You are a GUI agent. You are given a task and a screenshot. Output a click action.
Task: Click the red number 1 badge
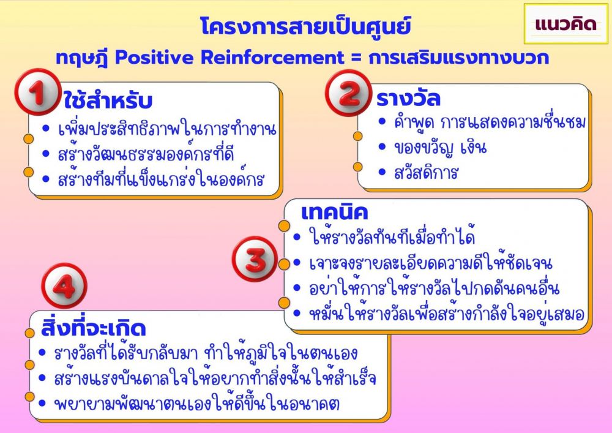click(38, 92)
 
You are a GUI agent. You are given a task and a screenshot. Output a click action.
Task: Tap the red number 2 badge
click(348, 92)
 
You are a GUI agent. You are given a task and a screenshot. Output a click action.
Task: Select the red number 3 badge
click(255, 259)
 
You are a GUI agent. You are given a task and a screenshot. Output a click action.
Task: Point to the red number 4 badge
click(64, 286)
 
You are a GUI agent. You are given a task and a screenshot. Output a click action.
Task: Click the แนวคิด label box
click(565, 24)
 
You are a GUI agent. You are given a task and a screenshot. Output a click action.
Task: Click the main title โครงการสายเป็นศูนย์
click(305, 27)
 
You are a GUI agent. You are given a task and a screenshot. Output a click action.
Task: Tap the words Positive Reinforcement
click(229, 58)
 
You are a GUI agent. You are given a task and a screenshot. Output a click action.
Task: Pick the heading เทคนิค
click(335, 213)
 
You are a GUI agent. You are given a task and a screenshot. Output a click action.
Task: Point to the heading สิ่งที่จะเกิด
click(93, 328)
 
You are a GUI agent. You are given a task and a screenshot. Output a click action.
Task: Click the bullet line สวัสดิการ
click(425, 173)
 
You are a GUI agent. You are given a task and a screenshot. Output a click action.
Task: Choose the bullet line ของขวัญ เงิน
click(440, 148)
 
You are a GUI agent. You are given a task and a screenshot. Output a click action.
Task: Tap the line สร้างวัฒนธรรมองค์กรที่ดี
click(146, 154)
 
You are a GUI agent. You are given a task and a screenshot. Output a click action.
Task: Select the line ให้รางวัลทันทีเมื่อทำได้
click(392, 236)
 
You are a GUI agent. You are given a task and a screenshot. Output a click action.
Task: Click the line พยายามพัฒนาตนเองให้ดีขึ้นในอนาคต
click(196, 403)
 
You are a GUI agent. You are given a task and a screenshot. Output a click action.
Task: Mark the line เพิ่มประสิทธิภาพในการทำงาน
click(167, 129)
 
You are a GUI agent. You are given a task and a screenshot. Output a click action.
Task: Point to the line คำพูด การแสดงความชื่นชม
click(490, 122)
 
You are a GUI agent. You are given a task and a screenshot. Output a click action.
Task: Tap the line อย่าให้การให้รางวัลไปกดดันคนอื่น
click(435, 288)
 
